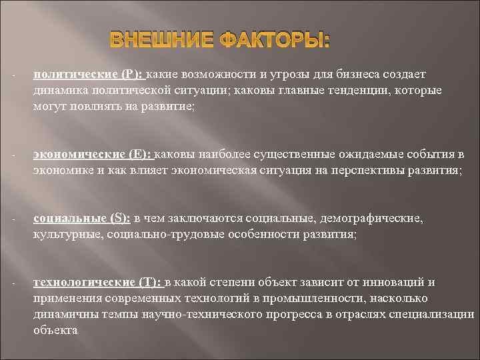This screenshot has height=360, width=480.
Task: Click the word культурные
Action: (61, 235)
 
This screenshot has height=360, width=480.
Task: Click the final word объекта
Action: (55, 329)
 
